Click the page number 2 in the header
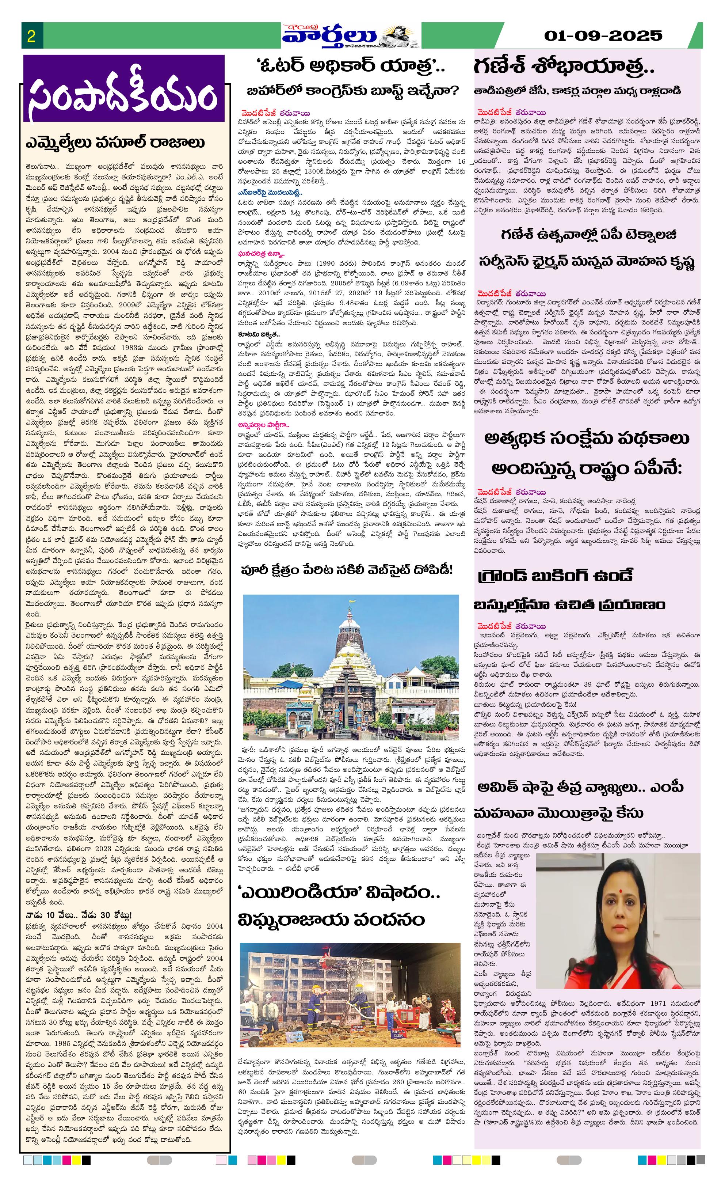click(31, 37)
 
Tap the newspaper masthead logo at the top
click(351, 36)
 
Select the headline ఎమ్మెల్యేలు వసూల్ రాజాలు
click(115, 143)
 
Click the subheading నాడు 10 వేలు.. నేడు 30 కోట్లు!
click(79, 915)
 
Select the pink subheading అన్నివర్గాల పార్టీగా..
click(263, 425)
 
